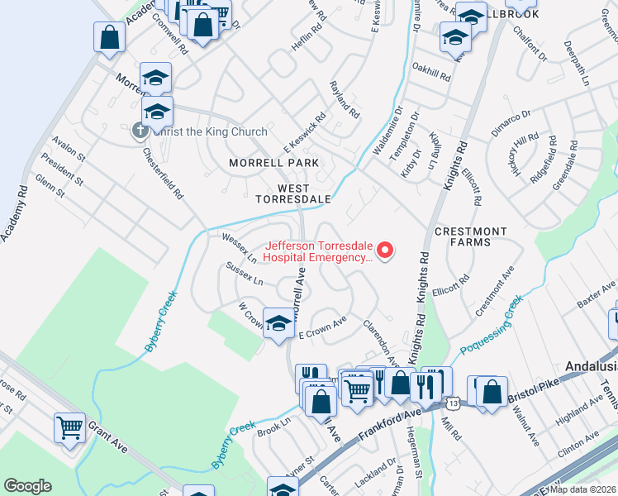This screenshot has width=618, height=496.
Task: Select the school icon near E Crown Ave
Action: point(278,322)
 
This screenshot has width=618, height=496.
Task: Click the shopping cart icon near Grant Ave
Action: point(70,427)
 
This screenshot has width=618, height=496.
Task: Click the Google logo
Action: point(26,486)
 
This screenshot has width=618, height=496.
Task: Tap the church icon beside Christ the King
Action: point(140,131)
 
